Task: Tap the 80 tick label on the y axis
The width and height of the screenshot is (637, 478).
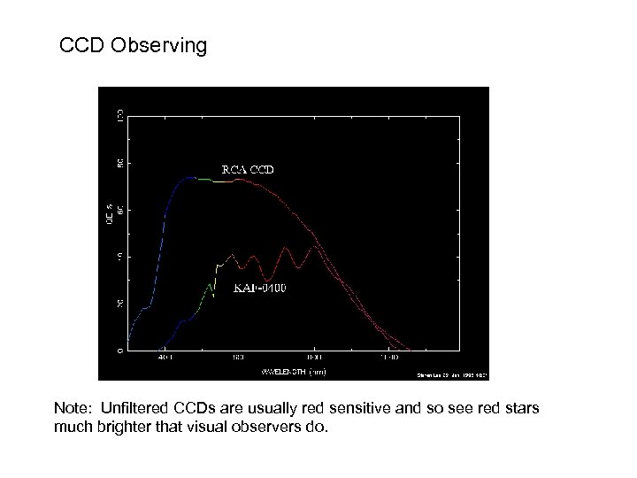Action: click(120, 163)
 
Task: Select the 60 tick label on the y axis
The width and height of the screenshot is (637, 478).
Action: click(120, 210)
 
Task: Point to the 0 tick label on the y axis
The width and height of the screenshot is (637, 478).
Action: click(120, 351)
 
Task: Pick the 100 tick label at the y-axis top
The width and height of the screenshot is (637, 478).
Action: click(120, 116)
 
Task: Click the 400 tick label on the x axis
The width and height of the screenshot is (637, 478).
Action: click(165, 358)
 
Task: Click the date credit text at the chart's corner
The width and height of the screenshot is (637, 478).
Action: click(451, 374)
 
